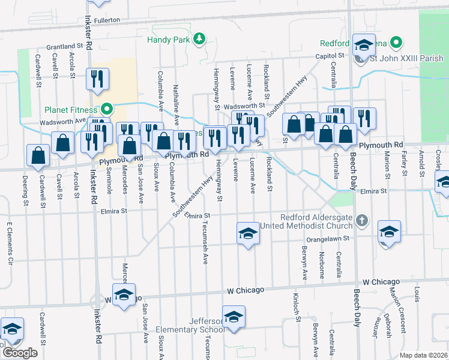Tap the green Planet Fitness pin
coord(107,109)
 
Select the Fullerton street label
coord(107,20)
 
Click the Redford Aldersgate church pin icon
coord(361,221)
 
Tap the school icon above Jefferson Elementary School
coord(234,316)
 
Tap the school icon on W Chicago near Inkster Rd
coord(124,294)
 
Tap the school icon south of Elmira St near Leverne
coord(247,233)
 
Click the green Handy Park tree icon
coord(199,40)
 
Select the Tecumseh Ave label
coord(204,246)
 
